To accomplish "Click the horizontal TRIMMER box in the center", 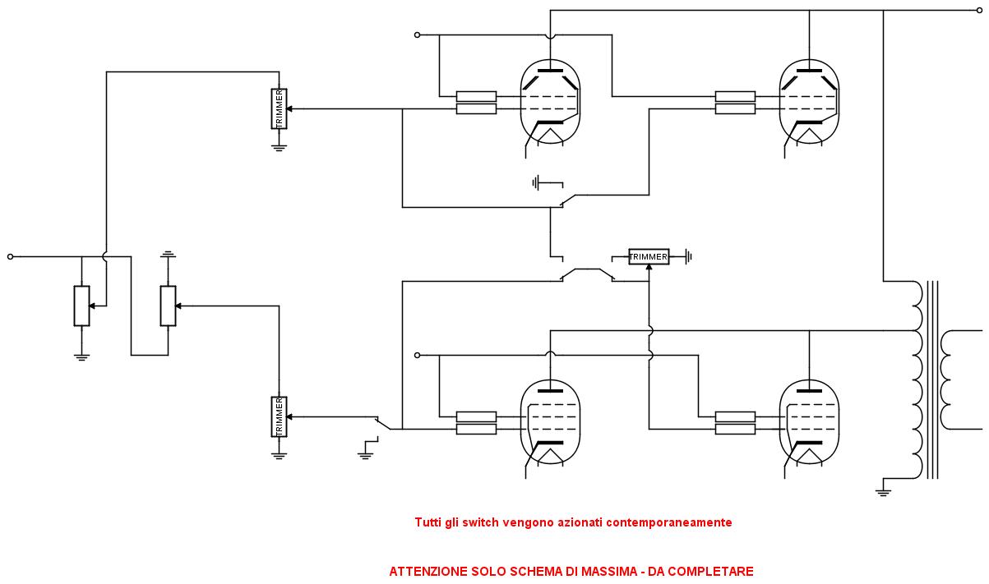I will pyautogui.click(x=649, y=257).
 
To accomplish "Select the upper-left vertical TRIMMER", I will pyautogui.click(x=279, y=109).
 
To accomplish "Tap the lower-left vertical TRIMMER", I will pyautogui.click(x=279, y=416).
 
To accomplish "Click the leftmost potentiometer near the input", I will pyautogui.click(x=81, y=306).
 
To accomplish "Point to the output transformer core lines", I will pyautogui.click(x=931, y=379).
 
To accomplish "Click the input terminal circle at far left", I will pyautogui.click(x=11, y=257).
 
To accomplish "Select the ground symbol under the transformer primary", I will pyautogui.click(x=883, y=492).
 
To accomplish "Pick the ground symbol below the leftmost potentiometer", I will pyautogui.click(x=81, y=356).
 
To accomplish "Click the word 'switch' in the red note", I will pyautogui.click(x=479, y=522).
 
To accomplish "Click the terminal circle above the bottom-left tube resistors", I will pyautogui.click(x=417, y=355).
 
